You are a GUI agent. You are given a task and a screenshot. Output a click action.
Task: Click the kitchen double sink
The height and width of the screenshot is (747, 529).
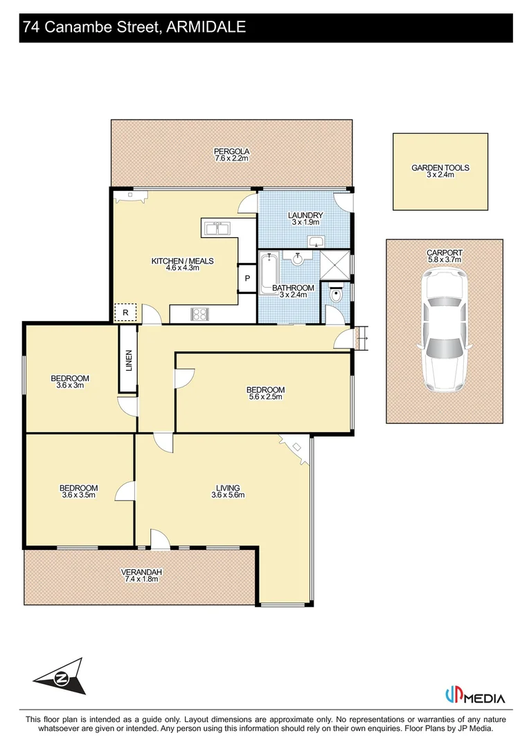(219, 227)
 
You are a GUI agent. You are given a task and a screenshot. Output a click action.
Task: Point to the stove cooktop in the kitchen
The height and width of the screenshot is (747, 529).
(200, 315)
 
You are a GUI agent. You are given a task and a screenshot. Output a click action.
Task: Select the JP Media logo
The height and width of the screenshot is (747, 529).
(474, 697)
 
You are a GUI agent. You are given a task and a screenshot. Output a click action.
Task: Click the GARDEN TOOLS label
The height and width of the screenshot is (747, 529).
(440, 168)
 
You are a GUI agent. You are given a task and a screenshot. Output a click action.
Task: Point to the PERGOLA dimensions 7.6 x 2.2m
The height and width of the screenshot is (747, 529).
(231, 159)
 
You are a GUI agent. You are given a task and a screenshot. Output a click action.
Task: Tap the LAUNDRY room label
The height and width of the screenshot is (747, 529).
(305, 215)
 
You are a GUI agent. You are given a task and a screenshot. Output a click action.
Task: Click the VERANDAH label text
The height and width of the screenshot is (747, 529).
(141, 572)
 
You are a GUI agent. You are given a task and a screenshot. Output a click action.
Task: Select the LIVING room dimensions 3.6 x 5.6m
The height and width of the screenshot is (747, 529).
(228, 495)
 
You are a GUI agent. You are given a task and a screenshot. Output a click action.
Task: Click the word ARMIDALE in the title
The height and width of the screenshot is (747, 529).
(207, 27)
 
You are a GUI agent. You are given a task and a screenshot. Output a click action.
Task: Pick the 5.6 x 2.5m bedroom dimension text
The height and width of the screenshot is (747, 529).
(265, 398)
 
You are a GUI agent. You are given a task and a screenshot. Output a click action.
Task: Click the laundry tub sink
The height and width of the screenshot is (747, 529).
(316, 241)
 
